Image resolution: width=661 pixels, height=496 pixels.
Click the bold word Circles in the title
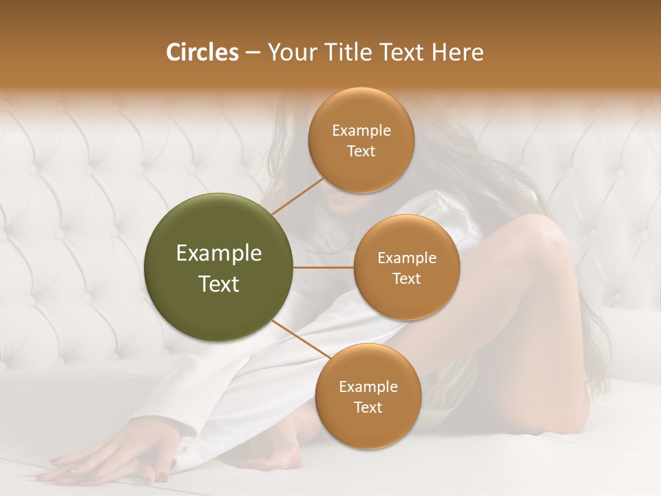(x=202, y=52)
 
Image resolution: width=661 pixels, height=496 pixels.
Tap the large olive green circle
(x=219, y=267)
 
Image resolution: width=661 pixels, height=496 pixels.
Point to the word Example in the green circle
(x=219, y=254)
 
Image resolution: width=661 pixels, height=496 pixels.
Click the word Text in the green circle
(x=219, y=284)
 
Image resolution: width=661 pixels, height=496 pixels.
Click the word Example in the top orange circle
(x=361, y=131)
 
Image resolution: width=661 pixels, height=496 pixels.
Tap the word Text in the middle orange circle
(x=406, y=279)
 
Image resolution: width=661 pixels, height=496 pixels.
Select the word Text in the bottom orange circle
(x=368, y=408)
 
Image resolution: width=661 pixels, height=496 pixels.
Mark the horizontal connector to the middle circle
(x=324, y=267)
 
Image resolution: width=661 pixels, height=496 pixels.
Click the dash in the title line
(x=252, y=53)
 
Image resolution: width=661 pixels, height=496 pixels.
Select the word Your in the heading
(x=288, y=52)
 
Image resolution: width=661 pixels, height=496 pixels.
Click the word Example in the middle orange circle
(x=407, y=258)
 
